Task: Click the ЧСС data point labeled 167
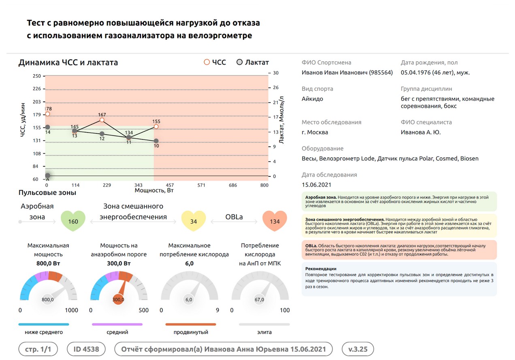click(102, 120)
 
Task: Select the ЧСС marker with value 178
click(47, 114)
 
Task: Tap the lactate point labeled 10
click(156, 141)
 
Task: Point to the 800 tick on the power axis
click(264, 185)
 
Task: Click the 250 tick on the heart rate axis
click(36, 76)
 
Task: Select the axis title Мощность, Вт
click(154, 190)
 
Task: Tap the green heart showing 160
click(73, 221)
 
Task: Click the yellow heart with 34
click(193, 221)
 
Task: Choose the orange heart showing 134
click(274, 221)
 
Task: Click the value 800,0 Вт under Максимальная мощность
click(48, 264)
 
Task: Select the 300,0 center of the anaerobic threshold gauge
click(118, 300)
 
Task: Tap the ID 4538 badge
click(86, 349)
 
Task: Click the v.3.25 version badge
click(358, 349)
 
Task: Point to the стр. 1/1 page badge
click(38, 349)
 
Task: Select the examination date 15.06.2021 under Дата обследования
click(316, 185)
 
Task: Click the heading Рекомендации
click(321, 268)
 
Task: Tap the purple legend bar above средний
click(117, 324)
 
